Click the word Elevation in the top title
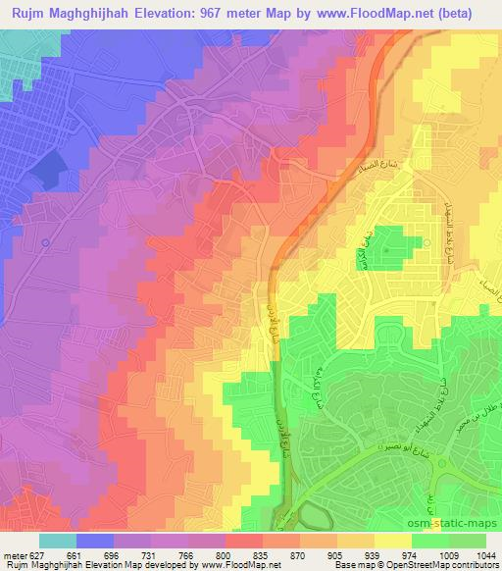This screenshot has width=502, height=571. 166,14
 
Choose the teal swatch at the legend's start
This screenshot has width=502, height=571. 58,540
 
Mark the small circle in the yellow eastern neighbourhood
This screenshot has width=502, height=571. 427,242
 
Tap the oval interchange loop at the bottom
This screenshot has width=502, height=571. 314,514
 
